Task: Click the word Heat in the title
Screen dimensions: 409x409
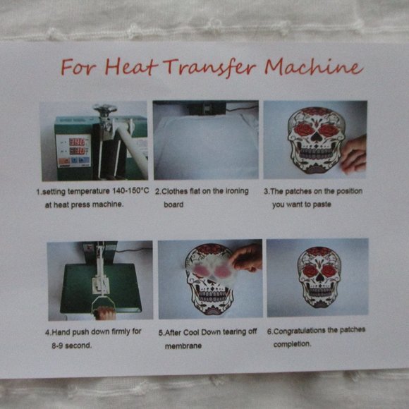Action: (x=131, y=66)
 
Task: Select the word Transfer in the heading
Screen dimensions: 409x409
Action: (x=209, y=67)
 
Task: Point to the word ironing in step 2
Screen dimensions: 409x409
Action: (x=237, y=191)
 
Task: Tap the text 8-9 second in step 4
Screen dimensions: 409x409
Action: (x=72, y=346)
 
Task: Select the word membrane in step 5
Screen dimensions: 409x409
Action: (x=183, y=346)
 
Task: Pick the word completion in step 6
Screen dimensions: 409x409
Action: (x=293, y=344)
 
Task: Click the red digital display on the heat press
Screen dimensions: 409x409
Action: (x=77, y=147)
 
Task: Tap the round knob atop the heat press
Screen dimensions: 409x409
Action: (x=105, y=108)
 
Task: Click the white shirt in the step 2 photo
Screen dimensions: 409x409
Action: (x=206, y=147)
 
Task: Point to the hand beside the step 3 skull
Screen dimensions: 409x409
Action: (x=353, y=154)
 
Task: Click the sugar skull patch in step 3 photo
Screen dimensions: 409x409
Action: (x=316, y=140)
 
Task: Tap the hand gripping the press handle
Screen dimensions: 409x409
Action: (x=105, y=313)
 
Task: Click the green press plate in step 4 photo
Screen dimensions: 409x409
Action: (x=101, y=288)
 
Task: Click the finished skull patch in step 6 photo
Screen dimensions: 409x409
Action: (x=319, y=278)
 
